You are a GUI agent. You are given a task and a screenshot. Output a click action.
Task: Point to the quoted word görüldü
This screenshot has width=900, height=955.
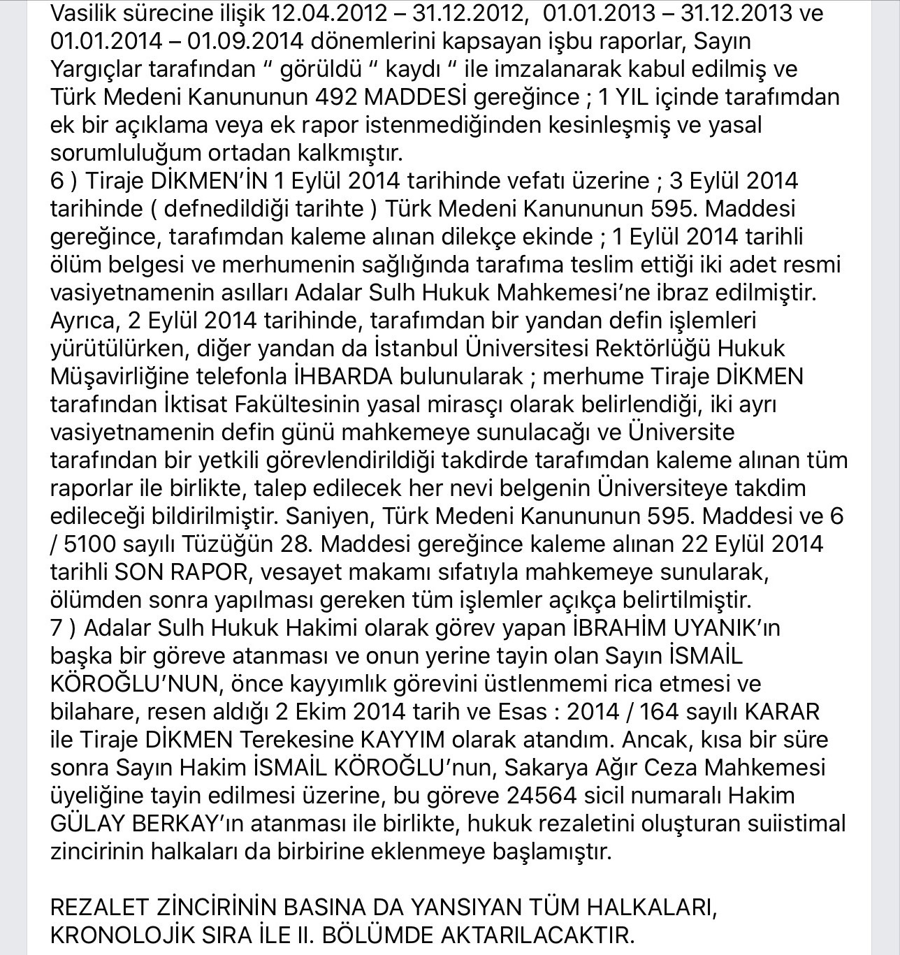click(x=321, y=69)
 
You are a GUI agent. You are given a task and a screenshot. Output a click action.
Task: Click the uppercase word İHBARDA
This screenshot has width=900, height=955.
click(x=342, y=377)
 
